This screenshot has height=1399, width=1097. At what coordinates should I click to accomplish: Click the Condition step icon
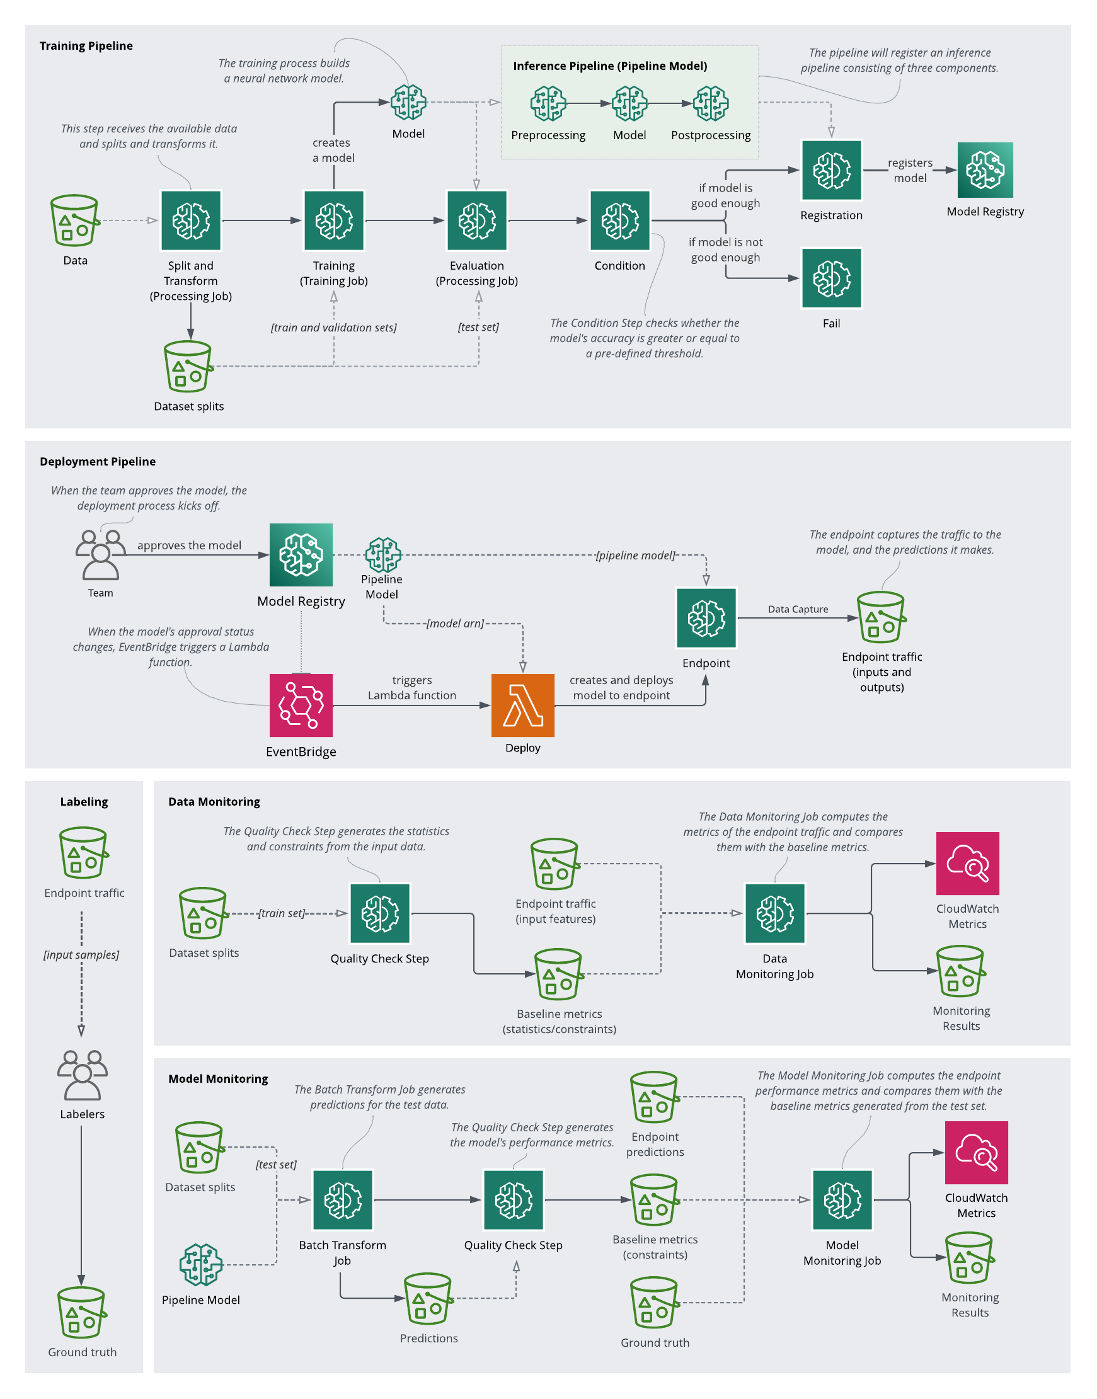(620, 220)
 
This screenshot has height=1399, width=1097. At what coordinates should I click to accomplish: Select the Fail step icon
(831, 278)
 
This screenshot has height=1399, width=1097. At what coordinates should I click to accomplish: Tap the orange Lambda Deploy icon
(522, 705)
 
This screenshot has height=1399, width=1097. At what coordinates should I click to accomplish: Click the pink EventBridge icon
(301, 705)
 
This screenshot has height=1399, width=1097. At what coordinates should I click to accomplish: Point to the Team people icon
(100, 555)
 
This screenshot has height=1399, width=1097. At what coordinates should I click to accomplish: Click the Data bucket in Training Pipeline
(74, 220)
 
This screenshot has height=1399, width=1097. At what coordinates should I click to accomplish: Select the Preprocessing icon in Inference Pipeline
(548, 103)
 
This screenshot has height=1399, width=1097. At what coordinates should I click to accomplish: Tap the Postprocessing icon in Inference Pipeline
(710, 103)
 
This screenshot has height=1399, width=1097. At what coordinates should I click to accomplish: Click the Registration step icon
(831, 170)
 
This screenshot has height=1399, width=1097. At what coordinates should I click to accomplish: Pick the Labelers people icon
(82, 1075)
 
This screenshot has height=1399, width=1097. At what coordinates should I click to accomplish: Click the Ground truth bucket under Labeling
(82, 1311)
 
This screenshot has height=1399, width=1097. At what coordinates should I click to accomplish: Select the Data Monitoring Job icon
(774, 913)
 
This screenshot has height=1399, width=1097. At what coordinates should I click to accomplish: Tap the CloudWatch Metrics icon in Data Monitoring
(967, 863)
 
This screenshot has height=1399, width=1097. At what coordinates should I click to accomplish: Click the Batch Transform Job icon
(342, 1199)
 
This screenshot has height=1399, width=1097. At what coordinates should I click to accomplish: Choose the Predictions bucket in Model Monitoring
(428, 1298)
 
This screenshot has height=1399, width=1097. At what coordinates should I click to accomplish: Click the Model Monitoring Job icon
(842, 1199)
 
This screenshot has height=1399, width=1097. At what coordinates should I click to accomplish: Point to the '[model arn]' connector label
(455, 624)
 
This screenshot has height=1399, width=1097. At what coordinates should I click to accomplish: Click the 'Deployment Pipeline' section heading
(98, 461)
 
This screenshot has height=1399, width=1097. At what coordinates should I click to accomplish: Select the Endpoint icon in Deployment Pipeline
(706, 618)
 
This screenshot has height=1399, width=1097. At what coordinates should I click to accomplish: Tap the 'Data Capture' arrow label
(798, 608)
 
